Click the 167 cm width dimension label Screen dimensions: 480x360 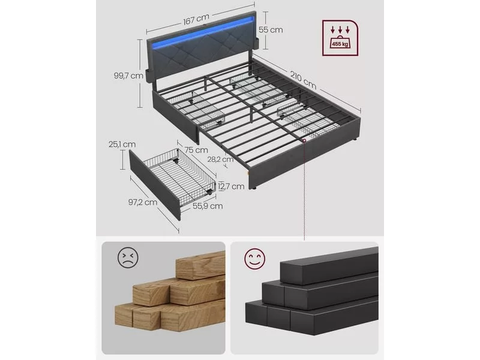pos(196,20)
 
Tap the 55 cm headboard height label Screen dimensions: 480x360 pos(271,30)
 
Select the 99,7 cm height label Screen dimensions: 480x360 pos(128,76)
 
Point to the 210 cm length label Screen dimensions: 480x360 pos(303,80)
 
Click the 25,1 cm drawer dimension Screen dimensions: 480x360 pos(122,144)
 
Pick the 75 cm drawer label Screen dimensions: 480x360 pos(196,150)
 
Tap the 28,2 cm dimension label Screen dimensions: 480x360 pos(220,160)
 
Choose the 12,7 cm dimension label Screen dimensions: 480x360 pos(232,186)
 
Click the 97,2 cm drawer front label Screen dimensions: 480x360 pos(143,202)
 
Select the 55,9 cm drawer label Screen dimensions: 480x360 pos(208,206)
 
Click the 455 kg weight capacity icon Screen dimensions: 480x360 pos(340,38)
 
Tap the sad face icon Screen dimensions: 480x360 pos(128,258)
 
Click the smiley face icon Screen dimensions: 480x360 pos(254,259)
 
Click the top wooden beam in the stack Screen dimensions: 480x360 pos(200,265)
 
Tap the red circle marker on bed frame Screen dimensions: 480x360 pos(304,140)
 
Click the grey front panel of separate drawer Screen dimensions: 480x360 pos(155,185)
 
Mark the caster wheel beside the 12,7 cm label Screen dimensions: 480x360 pos(209,193)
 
